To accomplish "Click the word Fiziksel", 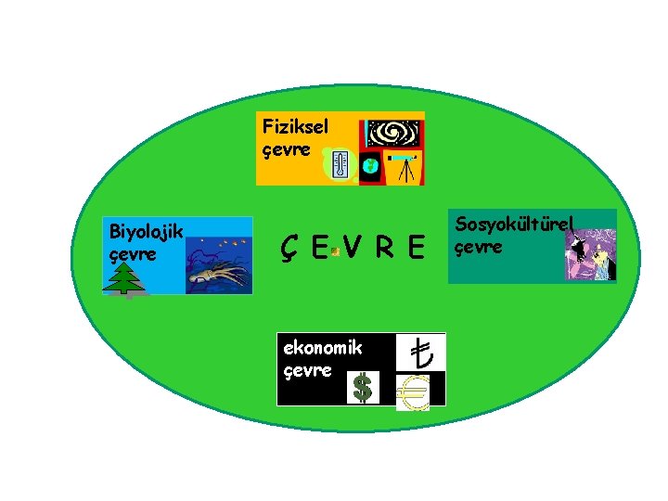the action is click(x=295, y=125).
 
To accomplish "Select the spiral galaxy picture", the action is click(x=393, y=134).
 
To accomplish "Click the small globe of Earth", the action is click(x=370, y=165).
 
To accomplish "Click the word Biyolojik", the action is click(x=147, y=231).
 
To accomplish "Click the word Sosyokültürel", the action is click(x=516, y=225).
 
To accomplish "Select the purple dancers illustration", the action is click(x=591, y=256).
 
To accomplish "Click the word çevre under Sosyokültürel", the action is click(x=479, y=247).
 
